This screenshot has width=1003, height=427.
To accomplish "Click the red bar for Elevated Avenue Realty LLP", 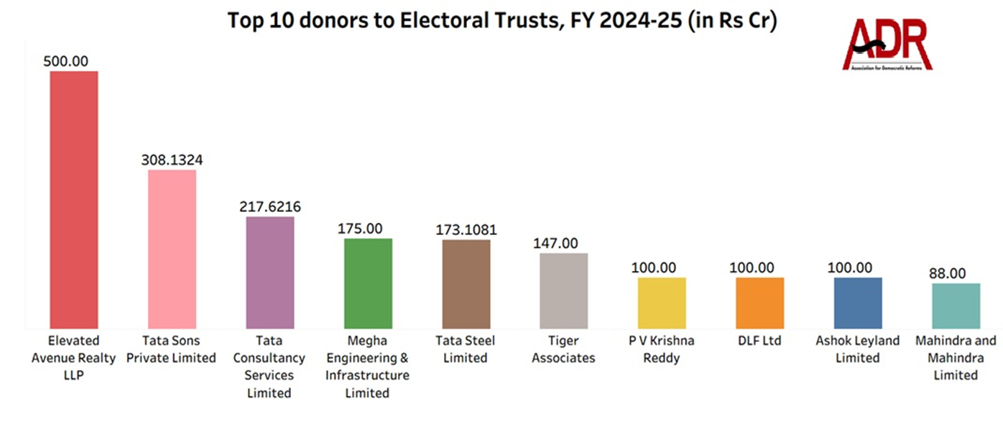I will click(x=73, y=200).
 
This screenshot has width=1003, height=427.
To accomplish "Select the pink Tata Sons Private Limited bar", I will click(x=172, y=249).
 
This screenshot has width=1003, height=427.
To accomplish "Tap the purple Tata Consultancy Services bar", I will click(x=270, y=272).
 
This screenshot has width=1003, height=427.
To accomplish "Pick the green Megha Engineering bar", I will click(x=368, y=283).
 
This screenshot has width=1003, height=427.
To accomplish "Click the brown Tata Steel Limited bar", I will click(x=466, y=284).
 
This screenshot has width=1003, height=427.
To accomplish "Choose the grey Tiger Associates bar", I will click(x=564, y=290).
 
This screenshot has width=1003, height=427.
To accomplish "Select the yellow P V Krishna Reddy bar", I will click(x=662, y=303).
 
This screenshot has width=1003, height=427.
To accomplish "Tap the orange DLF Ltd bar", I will click(x=759, y=303).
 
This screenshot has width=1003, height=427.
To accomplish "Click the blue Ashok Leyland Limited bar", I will click(x=857, y=303).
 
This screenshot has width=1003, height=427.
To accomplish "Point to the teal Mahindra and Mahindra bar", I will click(x=956, y=306).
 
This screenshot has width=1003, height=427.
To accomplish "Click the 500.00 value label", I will click(x=66, y=62).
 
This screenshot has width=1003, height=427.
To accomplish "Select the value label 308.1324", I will click(x=172, y=160).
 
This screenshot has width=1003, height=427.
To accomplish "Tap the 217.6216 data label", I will click(x=270, y=207).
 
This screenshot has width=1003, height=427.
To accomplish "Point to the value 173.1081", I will click(x=466, y=231).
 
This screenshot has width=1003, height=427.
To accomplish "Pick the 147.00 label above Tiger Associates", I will click(x=555, y=244).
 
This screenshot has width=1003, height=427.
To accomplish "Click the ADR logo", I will click(x=887, y=45).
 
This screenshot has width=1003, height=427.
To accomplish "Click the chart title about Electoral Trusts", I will click(x=503, y=20).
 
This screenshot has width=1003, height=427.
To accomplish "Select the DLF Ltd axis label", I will click(x=759, y=341).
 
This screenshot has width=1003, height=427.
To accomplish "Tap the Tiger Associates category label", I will click(x=564, y=349).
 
